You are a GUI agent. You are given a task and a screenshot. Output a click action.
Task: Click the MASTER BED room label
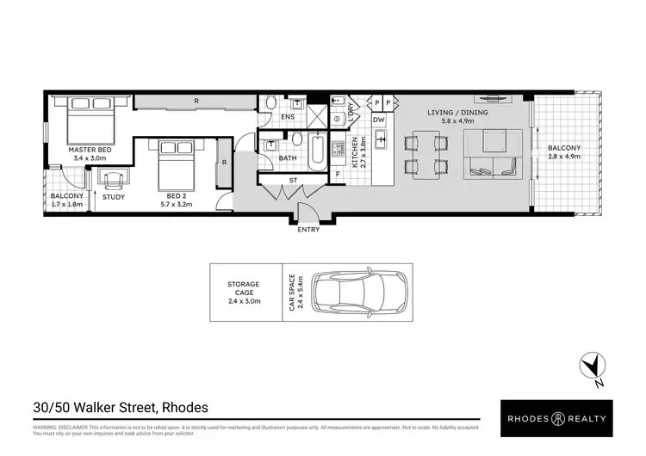[90, 150]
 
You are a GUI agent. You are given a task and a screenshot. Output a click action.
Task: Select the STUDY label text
[114, 198]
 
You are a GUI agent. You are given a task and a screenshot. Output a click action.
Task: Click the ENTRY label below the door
[307, 230]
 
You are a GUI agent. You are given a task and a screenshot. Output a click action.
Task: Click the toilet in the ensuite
[270, 103]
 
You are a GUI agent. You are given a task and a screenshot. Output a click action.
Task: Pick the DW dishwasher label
[379, 120]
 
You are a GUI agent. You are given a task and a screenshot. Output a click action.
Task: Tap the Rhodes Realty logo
[556, 418]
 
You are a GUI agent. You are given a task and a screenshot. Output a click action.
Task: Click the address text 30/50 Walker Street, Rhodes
[121, 407]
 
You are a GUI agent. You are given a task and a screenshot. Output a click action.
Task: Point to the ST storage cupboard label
[293, 182]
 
